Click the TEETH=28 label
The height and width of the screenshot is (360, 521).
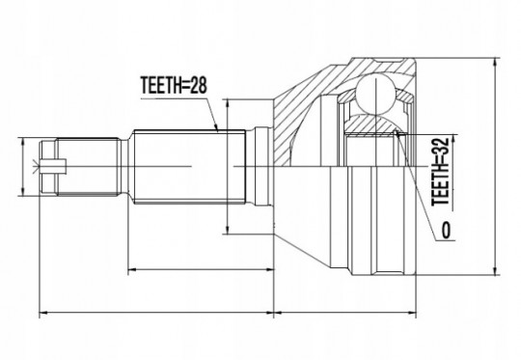pyautogui.click(x=174, y=85)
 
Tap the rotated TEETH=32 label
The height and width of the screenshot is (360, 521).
pyautogui.click(x=440, y=171)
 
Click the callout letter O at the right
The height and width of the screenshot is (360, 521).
pyautogui.click(x=447, y=230)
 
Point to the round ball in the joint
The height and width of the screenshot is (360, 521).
pyautogui.click(x=376, y=95)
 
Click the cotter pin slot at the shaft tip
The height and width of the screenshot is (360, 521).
pyautogui.click(x=53, y=166)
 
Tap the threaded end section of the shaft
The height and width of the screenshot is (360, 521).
pyautogui.click(x=88, y=166)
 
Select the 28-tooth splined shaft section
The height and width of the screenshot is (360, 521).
pyautogui.click(x=189, y=166)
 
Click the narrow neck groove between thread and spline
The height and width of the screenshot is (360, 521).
pyautogui.click(x=124, y=166)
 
